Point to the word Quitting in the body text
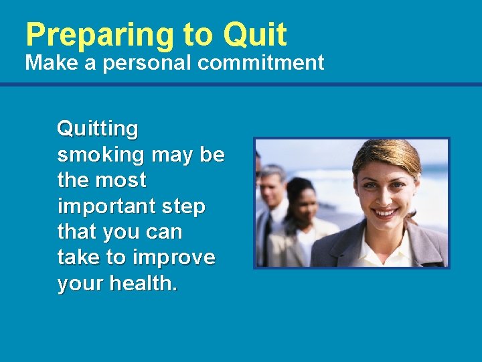[98, 128]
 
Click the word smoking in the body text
[100, 154]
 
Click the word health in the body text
[143, 284]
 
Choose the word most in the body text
[120, 180]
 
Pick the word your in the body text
[81, 284]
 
